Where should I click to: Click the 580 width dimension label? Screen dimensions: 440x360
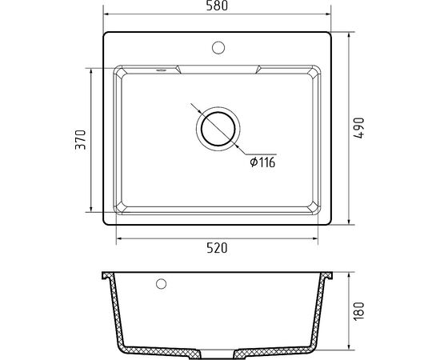click(x=217, y=6)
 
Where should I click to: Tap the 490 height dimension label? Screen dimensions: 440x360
click(x=358, y=128)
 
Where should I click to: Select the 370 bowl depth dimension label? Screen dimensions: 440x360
click(x=81, y=139)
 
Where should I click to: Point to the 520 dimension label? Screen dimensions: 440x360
click(x=217, y=248)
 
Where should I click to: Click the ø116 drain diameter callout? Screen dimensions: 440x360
click(x=262, y=162)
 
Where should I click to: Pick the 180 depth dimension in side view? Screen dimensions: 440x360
click(x=359, y=311)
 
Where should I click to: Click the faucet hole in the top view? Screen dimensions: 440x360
click(x=218, y=47)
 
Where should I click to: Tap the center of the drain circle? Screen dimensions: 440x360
click(x=218, y=129)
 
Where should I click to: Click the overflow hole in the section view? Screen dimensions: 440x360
click(x=161, y=284)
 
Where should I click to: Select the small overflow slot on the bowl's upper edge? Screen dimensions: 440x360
click(x=161, y=70)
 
